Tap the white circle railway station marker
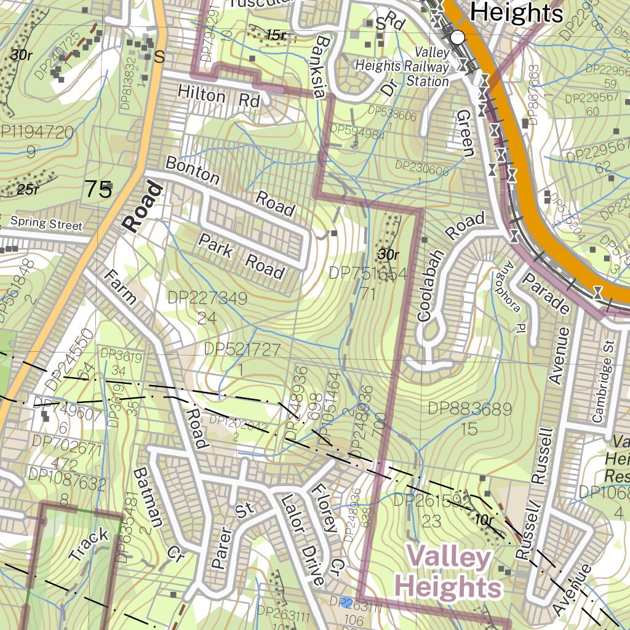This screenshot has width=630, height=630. coord(457,38)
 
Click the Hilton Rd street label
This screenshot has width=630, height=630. coord(219,97)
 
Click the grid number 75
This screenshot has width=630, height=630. coord(98,189)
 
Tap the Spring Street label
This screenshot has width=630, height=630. coord(46,223)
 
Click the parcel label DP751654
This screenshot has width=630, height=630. coord(368,273)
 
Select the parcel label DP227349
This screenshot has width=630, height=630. coord(207,299)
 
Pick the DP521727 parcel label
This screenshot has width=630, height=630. coord(242,349)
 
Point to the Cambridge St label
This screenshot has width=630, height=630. coord(603,381)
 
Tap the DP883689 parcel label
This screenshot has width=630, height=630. coord(470,408)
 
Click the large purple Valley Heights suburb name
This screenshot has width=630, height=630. coord(449,573)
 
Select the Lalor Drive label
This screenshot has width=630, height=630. coord(301,540)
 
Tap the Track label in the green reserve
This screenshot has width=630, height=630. coord(89,544)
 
